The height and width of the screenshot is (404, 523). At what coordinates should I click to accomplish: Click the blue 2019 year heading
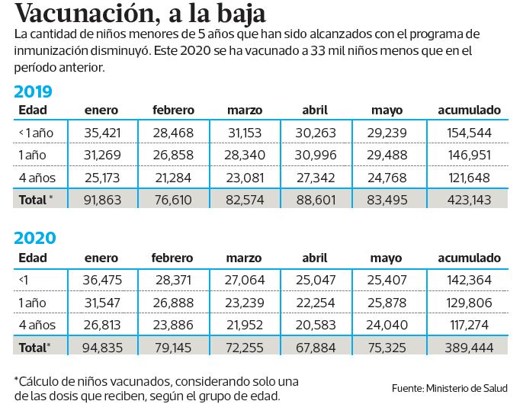click(x=34, y=92)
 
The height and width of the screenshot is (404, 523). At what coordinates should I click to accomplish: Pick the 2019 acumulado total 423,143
click(x=469, y=200)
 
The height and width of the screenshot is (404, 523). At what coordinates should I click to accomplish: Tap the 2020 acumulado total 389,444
click(x=469, y=346)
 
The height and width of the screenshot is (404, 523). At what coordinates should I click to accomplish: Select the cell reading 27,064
click(x=245, y=279)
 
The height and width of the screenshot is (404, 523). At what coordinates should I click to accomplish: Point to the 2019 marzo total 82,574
click(x=245, y=200)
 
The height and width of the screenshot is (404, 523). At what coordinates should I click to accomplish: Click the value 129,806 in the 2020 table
click(x=469, y=302)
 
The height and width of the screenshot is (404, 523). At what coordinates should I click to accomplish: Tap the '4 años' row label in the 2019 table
click(x=37, y=178)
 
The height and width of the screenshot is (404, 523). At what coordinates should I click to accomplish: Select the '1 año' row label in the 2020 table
click(x=33, y=302)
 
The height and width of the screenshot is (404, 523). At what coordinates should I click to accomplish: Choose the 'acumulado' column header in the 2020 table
click(x=469, y=258)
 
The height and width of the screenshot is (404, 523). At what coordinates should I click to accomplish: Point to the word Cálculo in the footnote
click(x=40, y=380)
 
